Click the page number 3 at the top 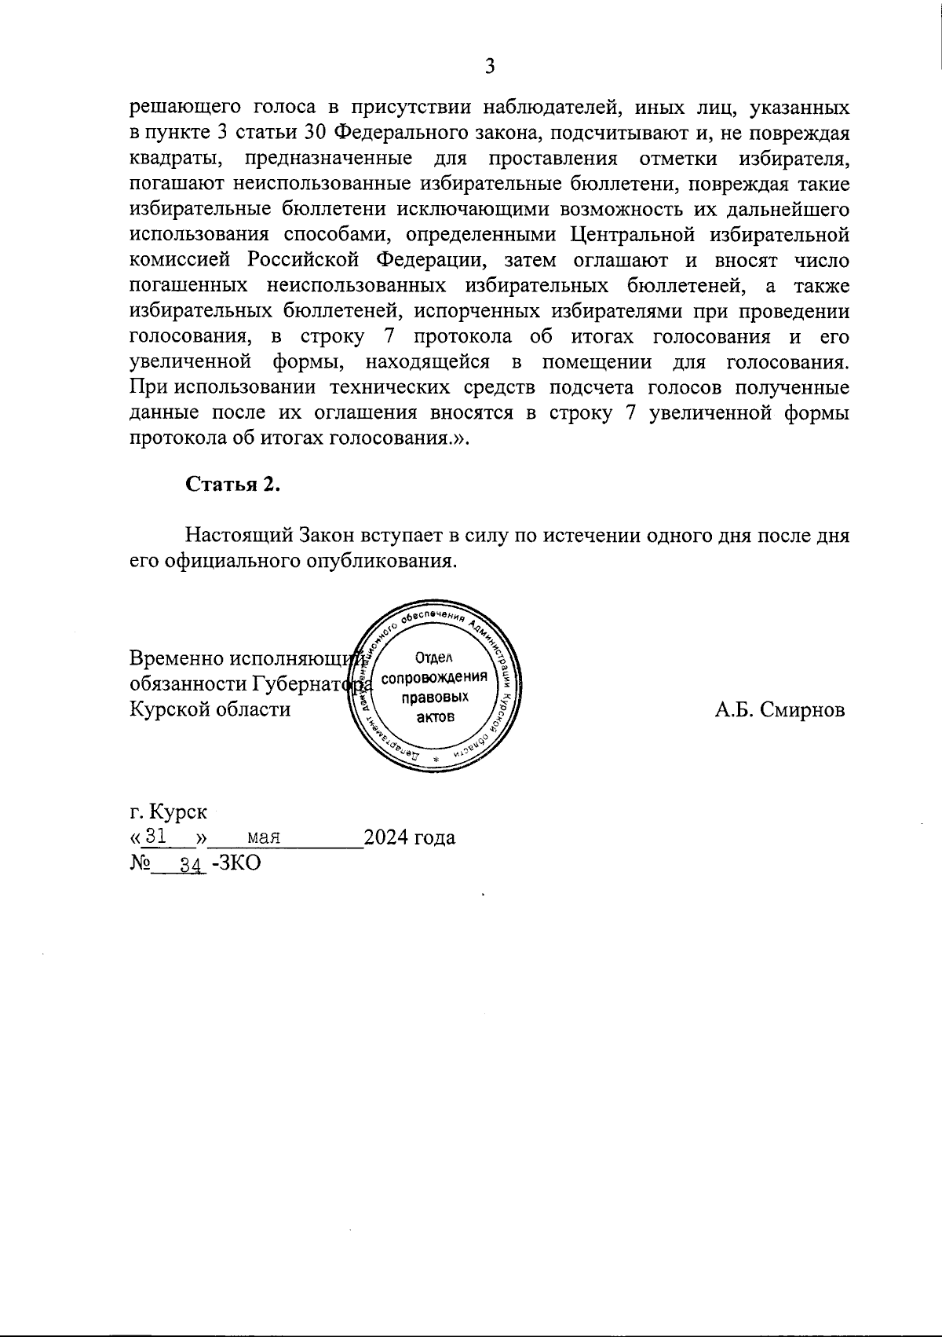point(489,66)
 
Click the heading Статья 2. point(232,485)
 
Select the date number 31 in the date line point(158,837)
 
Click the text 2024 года point(410,837)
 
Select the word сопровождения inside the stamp point(435,678)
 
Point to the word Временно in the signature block point(177,658)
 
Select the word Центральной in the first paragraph point(634,234)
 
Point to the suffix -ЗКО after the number point(235,863)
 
